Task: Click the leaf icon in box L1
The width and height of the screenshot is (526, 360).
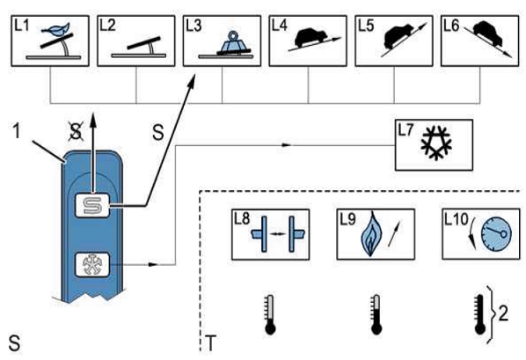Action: [x=55, y=29]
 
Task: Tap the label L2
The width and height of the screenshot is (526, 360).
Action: [x=107, y=26]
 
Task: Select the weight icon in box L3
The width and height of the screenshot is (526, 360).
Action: [x=234, y=42]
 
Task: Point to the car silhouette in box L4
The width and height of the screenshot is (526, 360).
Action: [x=310, y=37]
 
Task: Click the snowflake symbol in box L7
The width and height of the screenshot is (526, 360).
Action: [x=436, y=143]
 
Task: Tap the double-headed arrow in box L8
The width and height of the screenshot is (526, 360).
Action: [x=277, y=234]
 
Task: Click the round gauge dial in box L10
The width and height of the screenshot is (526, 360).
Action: [x=496, y=234]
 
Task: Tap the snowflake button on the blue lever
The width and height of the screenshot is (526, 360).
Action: [x=91, y=265]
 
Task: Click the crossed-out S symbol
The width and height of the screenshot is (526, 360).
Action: [x=76, y=130]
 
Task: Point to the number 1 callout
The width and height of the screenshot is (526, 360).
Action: [x=17, y=130]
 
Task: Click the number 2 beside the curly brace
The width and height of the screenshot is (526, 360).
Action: [x=503, y=314]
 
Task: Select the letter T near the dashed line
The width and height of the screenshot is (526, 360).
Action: [x=210, y=343]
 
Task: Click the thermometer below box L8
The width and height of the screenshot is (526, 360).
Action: [x=270, y=314]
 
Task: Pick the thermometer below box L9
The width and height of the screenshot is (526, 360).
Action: [x=376, y=314]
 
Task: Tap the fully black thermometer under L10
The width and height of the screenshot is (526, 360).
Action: [x=479, y=314]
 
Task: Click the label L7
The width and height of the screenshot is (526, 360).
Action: [x=405, y=130]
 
